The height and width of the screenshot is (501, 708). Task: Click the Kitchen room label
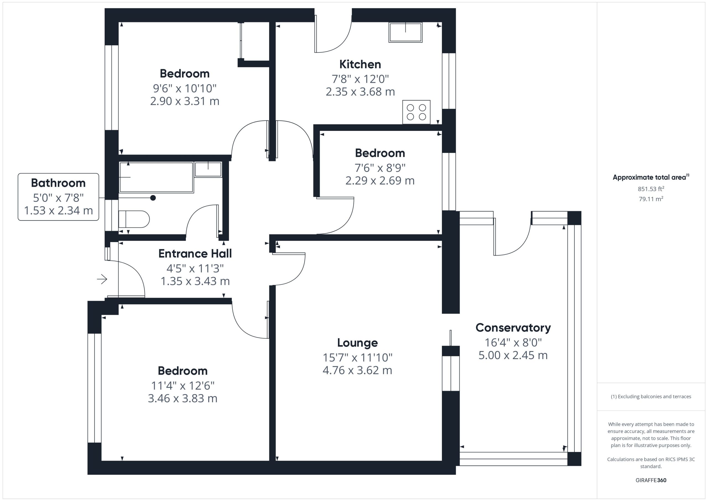360,64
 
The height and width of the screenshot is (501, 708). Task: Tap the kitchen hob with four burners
416,112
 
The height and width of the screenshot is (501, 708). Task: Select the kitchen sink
405,32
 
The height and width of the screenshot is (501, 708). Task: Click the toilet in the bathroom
134,219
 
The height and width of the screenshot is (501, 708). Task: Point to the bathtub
156,177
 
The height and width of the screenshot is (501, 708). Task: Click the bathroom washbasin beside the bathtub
208,169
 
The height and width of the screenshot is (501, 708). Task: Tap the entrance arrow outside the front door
102,279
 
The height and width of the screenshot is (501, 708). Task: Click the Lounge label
357,342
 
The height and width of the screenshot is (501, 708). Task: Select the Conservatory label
513,328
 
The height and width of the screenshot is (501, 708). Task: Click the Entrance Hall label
195,254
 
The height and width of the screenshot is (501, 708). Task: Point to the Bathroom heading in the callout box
58,183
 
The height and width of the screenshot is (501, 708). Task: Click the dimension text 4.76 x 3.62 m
357,370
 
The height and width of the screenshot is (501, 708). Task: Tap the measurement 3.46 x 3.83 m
183,398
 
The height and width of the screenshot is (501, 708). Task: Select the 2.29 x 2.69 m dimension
380,180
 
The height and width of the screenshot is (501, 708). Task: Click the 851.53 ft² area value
651,189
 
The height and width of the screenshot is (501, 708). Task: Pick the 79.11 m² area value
651,199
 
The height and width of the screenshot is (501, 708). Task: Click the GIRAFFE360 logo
651,480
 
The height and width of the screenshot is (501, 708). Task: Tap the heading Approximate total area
651,177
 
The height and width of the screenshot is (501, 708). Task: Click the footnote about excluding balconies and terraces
651,396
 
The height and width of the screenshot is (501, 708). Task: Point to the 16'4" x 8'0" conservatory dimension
513,342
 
